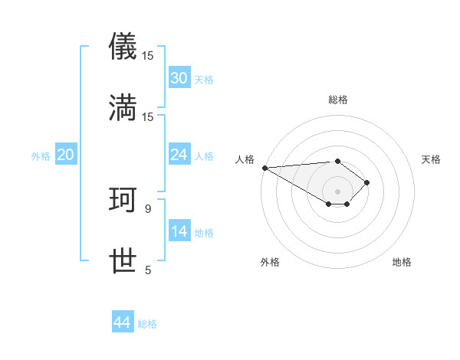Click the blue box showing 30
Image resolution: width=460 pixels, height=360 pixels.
[x=179, y=77]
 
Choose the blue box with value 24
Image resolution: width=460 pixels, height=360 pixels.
[x=179, y=155]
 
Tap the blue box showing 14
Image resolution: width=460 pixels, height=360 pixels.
[x=179, y=231]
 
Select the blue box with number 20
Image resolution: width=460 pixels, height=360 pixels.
[x=66, y=155]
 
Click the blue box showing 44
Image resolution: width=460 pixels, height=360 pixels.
[x=123, y=322]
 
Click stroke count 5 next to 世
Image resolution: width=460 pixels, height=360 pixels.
[x=148, y=270]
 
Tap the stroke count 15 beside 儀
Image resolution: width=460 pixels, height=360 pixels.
[x=148, y=56]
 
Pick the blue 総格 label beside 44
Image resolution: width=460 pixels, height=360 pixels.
[x=147, y=324]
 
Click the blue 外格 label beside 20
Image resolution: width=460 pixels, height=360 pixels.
[x=41, y=155]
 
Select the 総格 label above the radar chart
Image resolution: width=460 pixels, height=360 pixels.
[x=337, y=100]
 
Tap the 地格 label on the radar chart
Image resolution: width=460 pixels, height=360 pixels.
[x=402, y=262]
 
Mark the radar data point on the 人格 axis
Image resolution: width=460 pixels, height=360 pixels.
[x=264, y=168]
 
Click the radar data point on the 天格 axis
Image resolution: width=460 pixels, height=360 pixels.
[x=368, y=182]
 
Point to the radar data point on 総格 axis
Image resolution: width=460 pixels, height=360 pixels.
[x=337, y=161]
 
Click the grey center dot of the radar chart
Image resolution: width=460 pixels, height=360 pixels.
[x=337, y=191]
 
